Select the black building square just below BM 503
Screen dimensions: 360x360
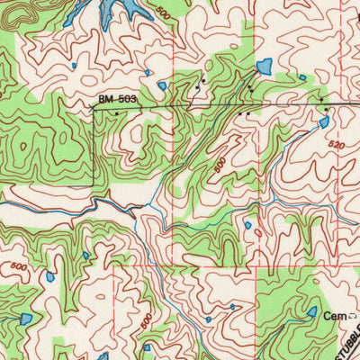(x=117, y=114)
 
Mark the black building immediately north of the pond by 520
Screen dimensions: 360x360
(x=325, y=109)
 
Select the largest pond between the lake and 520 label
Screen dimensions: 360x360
(x=264, y=66)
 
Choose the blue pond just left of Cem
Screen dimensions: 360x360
(x=311, y=311)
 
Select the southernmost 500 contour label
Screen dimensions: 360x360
(x=146, y=319)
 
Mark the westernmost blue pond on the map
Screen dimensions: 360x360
(x=26, y=319)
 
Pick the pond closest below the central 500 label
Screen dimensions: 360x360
(x=247, y=225)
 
